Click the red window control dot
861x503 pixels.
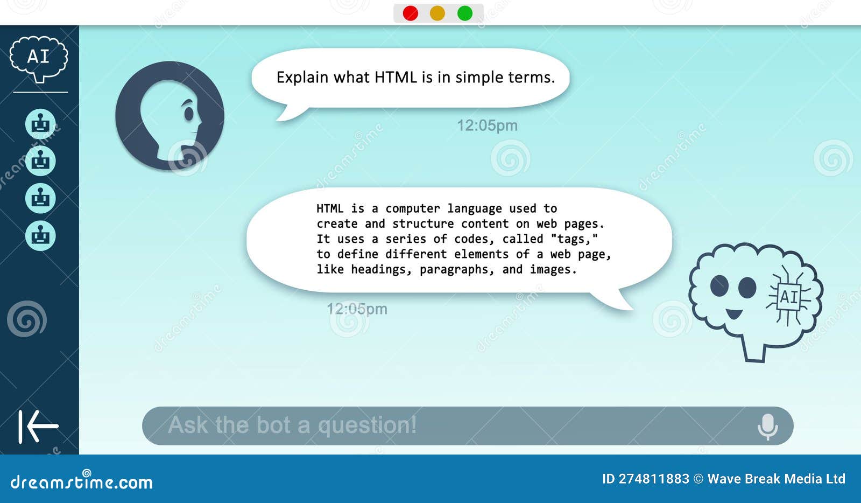tap(411, 13)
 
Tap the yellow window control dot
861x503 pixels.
tap(437, 13)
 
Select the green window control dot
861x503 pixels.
tap(465, 13)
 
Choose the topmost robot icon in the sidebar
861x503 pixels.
tap(40, 123)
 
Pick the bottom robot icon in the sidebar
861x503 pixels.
tap(40, 235)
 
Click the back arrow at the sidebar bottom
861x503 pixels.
tap(38, 427)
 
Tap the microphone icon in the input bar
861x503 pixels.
tap(767, 427)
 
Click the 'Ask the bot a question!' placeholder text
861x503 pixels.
tap(292, 425)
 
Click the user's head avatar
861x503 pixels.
tap(170, 116)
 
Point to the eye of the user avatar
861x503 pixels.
tap(189, 114)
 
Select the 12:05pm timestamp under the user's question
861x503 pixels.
tap(487, 125)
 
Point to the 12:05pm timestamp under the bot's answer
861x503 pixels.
tap(357, 309)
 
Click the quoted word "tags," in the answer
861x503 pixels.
tap(574, 239)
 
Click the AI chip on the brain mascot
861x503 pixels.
tap(789, 297)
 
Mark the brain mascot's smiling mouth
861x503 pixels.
tap(734, 313)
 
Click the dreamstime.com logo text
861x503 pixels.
tap(81, 481)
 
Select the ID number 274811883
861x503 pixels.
tap(654, 479)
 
